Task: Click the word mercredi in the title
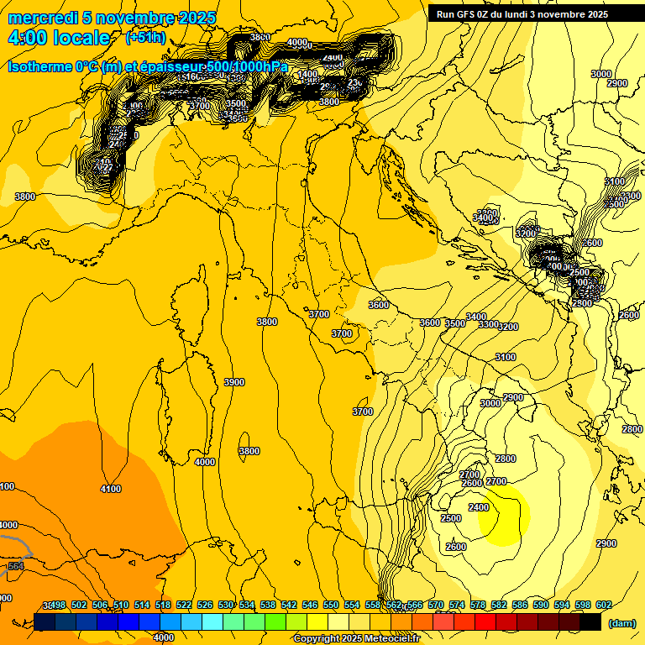pos(39,18)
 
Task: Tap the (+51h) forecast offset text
pos(145,38)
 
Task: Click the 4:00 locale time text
pos(59,38)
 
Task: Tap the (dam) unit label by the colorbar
pos(621,622)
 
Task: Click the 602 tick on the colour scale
pos(603,606)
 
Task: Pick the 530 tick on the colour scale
pos(226,606)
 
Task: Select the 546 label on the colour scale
pos(310,606)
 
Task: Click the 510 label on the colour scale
pos(121,606)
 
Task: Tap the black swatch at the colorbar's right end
pos(590,621)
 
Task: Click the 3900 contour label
pos(234,382)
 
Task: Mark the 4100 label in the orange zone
pos(110,489)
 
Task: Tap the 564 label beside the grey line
pos(15,566)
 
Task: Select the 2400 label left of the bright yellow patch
pos(479,507)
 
